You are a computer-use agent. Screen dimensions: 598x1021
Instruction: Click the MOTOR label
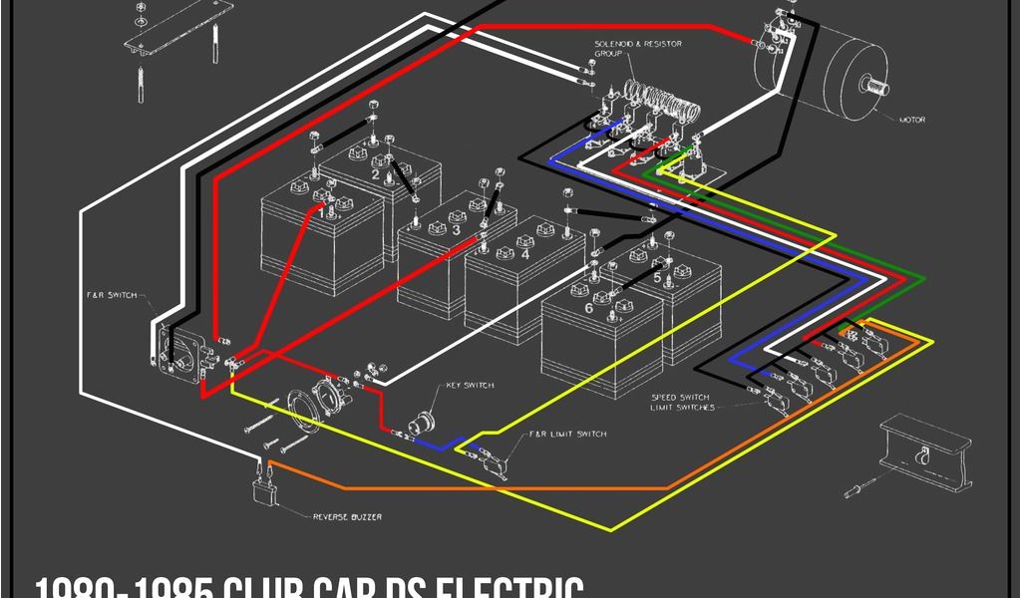[912, 121]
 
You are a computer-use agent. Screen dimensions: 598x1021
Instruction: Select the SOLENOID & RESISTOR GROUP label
[623, 49]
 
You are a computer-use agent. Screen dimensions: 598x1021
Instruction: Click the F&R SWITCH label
[112, 295]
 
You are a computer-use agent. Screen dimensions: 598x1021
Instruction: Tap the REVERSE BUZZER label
[347, 516]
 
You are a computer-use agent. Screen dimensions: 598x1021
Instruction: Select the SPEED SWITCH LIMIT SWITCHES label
[682, 402]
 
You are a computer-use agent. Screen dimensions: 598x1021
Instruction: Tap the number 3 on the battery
[456, 229]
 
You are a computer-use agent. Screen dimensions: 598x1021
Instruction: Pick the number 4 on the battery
[524, 255]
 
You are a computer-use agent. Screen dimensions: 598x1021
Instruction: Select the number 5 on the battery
[657, 279]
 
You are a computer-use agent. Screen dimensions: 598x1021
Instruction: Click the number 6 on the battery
[588, 308]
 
